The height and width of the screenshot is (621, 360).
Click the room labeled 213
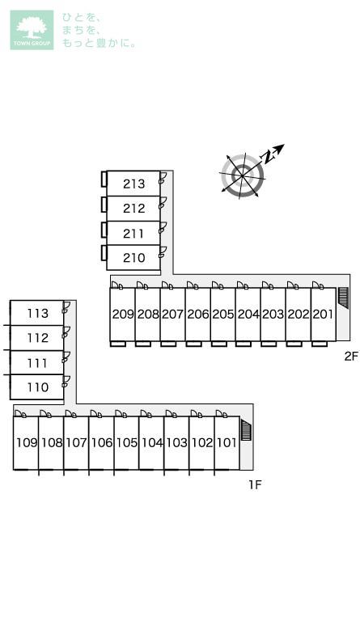click(133, 184)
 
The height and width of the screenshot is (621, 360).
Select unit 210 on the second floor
click(133, 257)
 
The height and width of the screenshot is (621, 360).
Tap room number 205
click(222, 314)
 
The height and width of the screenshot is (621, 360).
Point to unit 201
click(323, 314)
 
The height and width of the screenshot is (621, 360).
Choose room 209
click(122, 314)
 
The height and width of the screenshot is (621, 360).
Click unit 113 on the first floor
click(37, 313)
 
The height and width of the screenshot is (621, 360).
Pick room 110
click(37, 387)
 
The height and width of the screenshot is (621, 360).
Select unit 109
click(26, 442)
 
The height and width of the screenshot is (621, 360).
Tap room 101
click(227, 442)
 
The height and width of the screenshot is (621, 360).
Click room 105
click(126, 442)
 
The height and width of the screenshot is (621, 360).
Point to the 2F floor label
click(351, 356)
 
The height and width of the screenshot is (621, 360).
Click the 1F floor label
click(256, 484)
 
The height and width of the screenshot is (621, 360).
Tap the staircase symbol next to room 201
click(343, 298)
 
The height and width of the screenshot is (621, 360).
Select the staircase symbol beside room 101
click(246, 431)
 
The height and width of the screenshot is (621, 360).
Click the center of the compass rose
click(243, 175)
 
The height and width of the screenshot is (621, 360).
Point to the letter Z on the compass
click(268, 157)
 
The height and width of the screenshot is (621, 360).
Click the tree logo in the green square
click(32, 27)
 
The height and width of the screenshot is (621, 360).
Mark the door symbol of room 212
click(162, 203)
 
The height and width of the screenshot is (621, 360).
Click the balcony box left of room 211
click(104, 229)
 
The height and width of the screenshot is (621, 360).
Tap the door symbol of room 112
click(66, 332)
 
